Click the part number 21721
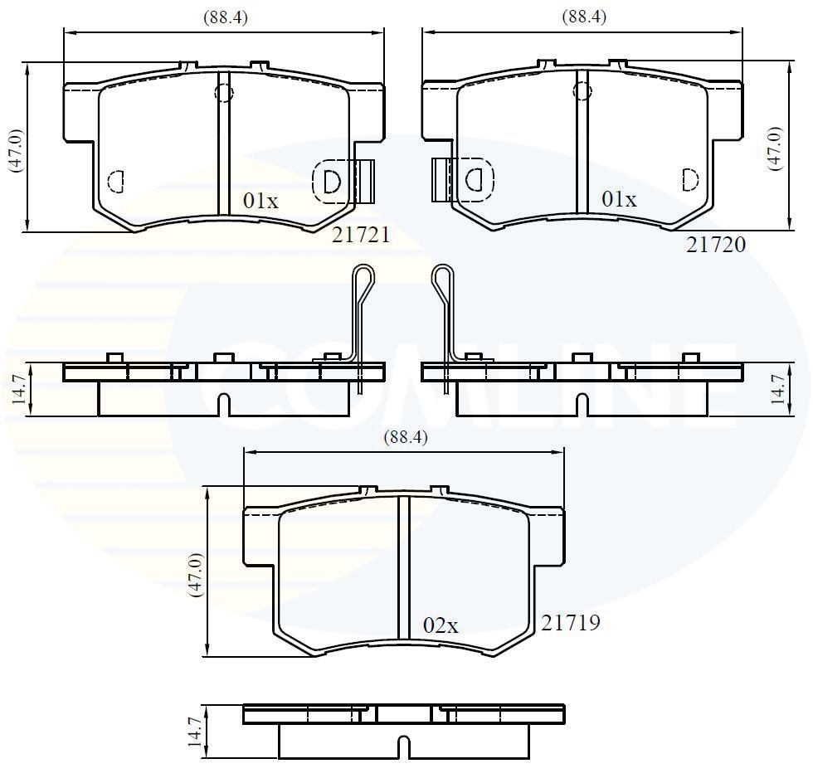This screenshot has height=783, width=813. (x=361, y=236)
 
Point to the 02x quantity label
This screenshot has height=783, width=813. (x=441, y=626)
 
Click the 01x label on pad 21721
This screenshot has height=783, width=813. (x=260, y=200)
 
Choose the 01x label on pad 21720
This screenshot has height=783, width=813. (x=619, y=200)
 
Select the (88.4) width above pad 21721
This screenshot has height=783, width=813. (x=225, y=17)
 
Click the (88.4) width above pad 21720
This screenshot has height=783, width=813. (x=584, y=17)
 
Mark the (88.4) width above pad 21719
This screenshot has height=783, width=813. (x=404, y=438)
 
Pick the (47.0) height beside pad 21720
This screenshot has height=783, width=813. (x=775, y=148)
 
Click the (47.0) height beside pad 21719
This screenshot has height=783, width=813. (x=196, y=575)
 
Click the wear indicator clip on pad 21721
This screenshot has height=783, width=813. (x=365, y=180)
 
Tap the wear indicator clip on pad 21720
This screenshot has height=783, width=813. (x=441, y=180)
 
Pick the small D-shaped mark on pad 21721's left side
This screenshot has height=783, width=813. (x=116, y=179)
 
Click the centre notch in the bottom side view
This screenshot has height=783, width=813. (x=403, y=747)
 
